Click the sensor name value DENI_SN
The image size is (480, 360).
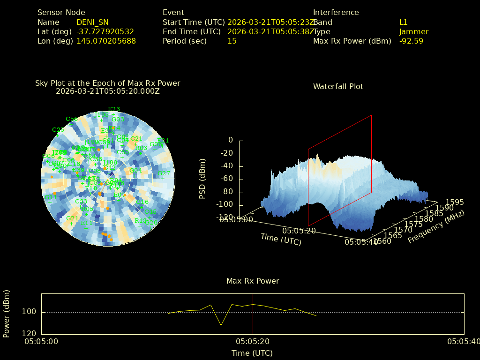tap(93, 22)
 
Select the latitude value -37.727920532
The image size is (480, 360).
tap(105, 31)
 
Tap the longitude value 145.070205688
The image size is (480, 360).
tap(106, 41)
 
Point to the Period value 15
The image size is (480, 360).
tap(232, 41)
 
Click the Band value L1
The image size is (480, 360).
tap(403, 22)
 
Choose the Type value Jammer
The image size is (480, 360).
tap(413, 31)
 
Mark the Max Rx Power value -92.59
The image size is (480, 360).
tap(411, 41)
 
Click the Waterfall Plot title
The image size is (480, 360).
tap(338, 86)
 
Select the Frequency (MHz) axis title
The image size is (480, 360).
tap(435, 227)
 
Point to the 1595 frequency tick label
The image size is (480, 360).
tap(455, 202)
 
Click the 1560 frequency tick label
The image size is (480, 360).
tap(382, 241)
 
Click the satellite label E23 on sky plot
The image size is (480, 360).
tap(114, 109)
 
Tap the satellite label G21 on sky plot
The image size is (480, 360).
tap(72, 218)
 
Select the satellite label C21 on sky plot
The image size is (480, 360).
tap(136, 139)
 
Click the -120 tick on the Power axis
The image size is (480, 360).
tap(29, 334)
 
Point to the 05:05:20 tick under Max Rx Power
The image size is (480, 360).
tap(253, 342)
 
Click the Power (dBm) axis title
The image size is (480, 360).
tap(7, 314)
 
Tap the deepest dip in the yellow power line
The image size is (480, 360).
tap(221, 325)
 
